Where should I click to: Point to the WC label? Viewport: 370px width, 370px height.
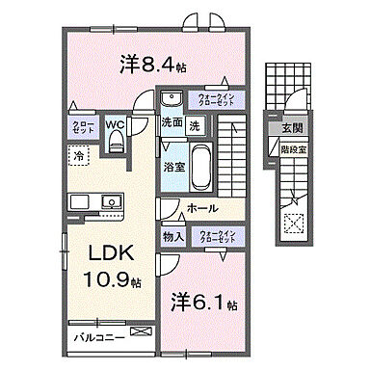point(114,124)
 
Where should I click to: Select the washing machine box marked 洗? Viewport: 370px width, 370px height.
point(194,124)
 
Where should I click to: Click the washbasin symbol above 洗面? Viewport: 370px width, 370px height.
point(172,98)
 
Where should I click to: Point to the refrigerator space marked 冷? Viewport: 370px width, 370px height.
point(76,154)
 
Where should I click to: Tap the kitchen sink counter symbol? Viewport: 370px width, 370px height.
point(94,202)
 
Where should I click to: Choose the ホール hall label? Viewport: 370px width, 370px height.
point(201,208)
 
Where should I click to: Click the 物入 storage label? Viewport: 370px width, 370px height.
point(173,236)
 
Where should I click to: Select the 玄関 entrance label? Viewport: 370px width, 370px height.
point(292,130)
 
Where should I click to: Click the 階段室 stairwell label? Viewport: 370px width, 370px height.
point(292,149)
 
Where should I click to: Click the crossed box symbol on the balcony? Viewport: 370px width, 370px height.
point(142,332)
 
